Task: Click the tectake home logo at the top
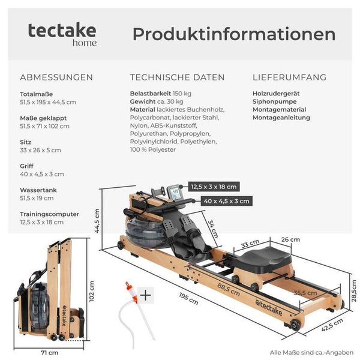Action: [x=62, y=34]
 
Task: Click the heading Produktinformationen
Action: [x=234, y=34]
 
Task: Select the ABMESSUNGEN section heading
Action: [x=56, y=77]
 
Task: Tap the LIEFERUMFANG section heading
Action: [x=289, y=77]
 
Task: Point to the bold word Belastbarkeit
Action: [x=151, y=94]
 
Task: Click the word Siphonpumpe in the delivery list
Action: [x=274, y=101]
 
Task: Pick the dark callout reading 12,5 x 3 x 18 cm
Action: [x=214, y=187]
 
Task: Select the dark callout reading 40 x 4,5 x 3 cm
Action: [x=226, y=201]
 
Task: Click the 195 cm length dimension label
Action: [x=189, y=298]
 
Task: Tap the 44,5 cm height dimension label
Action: [x=97, y=221]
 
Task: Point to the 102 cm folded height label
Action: [x=91, y=291]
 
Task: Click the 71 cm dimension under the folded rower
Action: [x=50, y=352]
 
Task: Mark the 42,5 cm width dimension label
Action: [x=332, y=325]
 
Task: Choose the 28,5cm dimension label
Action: [x=354, y=290]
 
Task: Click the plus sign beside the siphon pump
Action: [x=146, y=295]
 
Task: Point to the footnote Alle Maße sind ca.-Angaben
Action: [x=311, y=352]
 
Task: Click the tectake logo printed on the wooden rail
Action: [x=269, y=308]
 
